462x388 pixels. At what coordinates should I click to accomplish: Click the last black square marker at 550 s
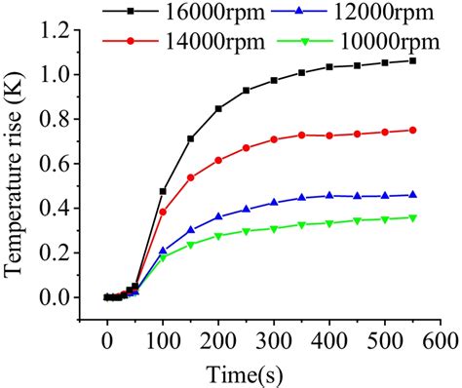[412, 60]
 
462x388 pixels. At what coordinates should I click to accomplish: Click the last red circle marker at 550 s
[412, 130]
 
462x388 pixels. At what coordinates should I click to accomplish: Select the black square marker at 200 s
[218, 108]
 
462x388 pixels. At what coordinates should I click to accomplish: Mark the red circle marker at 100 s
[163, 212]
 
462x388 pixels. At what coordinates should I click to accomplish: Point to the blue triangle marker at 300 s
[274, 202]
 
